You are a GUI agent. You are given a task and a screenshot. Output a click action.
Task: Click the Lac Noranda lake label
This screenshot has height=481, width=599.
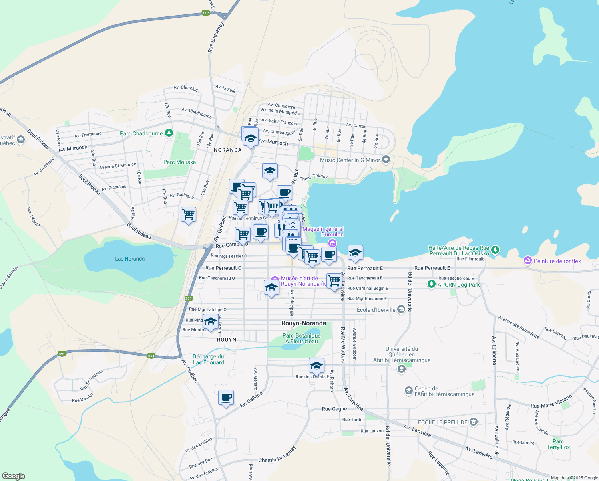(130, 259)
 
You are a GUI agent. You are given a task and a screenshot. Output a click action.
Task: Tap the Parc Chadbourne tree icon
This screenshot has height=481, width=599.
(169, 133)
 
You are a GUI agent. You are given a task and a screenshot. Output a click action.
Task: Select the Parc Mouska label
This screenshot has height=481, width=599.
(180, 162)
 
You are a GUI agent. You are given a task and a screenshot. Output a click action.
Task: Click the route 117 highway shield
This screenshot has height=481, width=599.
(206, 13)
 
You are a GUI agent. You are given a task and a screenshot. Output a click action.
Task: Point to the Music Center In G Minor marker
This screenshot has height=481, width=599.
(386, 160)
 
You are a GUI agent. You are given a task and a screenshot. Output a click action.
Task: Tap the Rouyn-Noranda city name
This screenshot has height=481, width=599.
(304, 323)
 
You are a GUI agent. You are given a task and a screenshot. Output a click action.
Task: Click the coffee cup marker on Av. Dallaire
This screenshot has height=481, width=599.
(226, 398)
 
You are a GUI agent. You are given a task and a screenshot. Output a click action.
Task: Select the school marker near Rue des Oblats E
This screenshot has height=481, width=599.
(316, 366)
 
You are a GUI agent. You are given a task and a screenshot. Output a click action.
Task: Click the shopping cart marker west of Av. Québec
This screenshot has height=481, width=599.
(188, 214)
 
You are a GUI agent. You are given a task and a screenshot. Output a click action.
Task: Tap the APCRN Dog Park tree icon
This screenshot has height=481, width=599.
(431, 284)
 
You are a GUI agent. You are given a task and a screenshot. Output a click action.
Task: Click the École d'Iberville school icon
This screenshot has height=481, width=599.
(401, 310)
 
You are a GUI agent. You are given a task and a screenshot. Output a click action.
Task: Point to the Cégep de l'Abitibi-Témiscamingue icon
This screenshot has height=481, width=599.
(408, 390)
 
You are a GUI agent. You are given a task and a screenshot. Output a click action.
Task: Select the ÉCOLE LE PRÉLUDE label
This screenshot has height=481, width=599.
(442, 422)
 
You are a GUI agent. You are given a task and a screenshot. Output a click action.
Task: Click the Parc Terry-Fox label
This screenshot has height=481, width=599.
(558, 444)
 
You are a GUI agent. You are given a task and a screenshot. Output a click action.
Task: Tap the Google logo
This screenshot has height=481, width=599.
(14, 476)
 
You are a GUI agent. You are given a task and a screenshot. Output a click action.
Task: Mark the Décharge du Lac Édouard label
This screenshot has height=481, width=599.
(208, 360)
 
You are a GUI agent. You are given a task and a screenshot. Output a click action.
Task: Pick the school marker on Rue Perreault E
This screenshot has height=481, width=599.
(355, 253)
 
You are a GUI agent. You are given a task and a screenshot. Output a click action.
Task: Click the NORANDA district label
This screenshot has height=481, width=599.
(228, 150)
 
